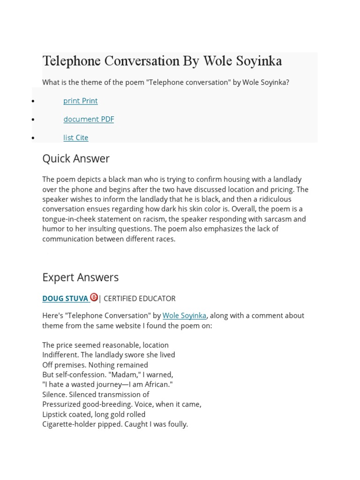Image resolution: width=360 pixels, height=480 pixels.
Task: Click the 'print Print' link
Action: [80, 101]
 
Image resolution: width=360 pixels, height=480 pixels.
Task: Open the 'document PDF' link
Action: [89, 119]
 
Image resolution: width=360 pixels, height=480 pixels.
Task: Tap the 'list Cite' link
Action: [75, 137]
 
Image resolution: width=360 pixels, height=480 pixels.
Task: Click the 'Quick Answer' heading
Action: [75, 158]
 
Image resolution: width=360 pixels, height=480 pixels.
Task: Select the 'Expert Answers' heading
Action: [80, 277]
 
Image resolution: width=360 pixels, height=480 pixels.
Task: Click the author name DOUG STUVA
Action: [65, 299]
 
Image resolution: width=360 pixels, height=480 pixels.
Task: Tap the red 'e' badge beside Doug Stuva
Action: [94, 297]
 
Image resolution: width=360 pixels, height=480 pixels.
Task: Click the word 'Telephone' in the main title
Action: [70, 61]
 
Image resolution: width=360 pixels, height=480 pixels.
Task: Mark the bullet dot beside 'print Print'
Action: [33, 101]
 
